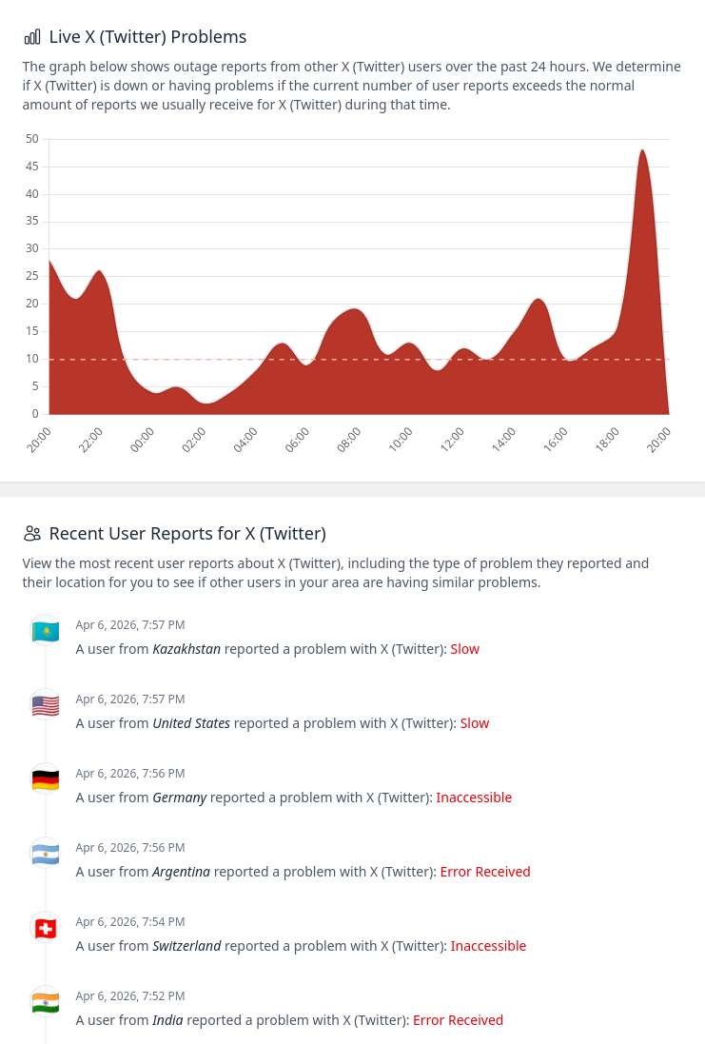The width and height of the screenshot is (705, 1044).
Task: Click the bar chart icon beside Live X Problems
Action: (x=32, y=37)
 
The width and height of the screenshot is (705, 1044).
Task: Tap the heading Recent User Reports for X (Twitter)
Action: (x=187, y=533)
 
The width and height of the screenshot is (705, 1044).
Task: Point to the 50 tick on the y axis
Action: (x=32, y=139)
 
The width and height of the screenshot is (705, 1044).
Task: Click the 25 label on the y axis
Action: (x=32, y=276)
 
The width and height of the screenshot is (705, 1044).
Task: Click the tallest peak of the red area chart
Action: (x=642, y=150)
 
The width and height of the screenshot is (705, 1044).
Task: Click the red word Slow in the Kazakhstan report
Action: (x=464, y=649)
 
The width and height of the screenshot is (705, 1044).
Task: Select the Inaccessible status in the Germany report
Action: (x=474, y=798)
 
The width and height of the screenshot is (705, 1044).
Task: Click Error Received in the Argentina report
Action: (x=485, y=872)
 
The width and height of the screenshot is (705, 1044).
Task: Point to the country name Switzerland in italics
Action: (x=186, y=946)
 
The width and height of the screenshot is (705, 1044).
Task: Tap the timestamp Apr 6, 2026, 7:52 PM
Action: (x=130, y=995)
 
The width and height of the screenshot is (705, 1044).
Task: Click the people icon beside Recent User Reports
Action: (x=32, y=533)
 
